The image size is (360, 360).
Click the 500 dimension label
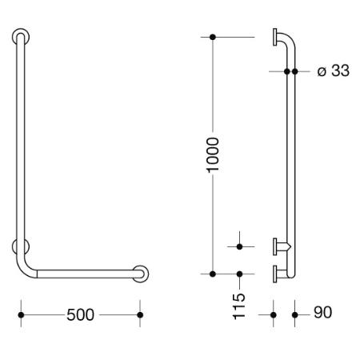coord(80,314)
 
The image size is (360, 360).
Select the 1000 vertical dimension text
coord(213,155)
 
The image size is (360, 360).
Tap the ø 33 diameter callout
coord(334,71)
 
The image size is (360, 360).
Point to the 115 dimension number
coord(239,306)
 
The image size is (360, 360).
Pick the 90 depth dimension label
coord(323,312)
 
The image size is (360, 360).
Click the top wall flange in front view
coord(21,37)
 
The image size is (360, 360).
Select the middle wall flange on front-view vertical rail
coord(21,246)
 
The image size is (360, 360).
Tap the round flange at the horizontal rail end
coord(140,274)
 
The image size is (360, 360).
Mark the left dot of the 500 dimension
coord(21,315)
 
